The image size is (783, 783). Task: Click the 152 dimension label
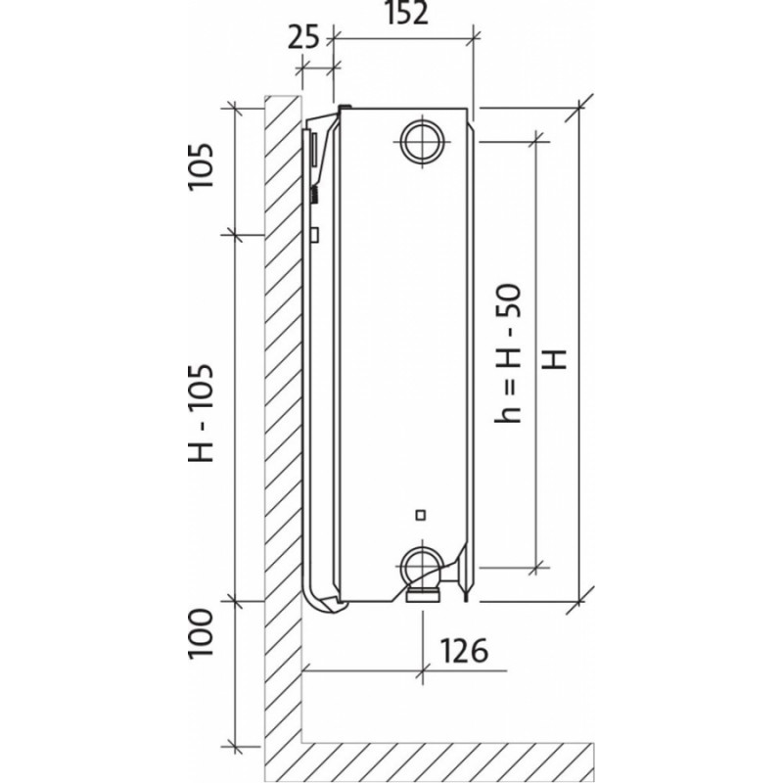[407, 14]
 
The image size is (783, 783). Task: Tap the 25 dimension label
[303, 37]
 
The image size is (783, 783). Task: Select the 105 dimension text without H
[201, 165]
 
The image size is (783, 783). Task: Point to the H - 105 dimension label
[201, 412]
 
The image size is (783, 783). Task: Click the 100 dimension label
[201, 633]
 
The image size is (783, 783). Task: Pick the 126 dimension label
[464, 651]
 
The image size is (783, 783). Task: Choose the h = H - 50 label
[508, 353]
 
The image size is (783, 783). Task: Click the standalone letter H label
[555, 359]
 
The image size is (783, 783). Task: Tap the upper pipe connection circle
[423, 141]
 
